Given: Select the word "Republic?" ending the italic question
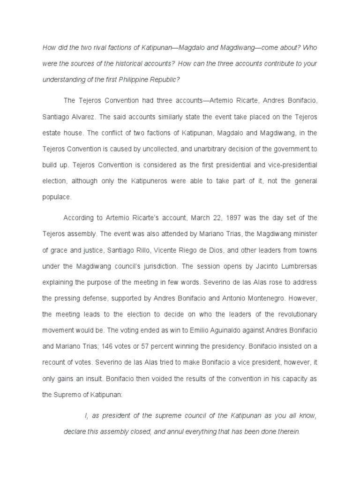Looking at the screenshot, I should pyautogui.click(x=164, y=79).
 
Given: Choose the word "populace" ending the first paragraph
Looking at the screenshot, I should pyautogui.click(x=57, y=196).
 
